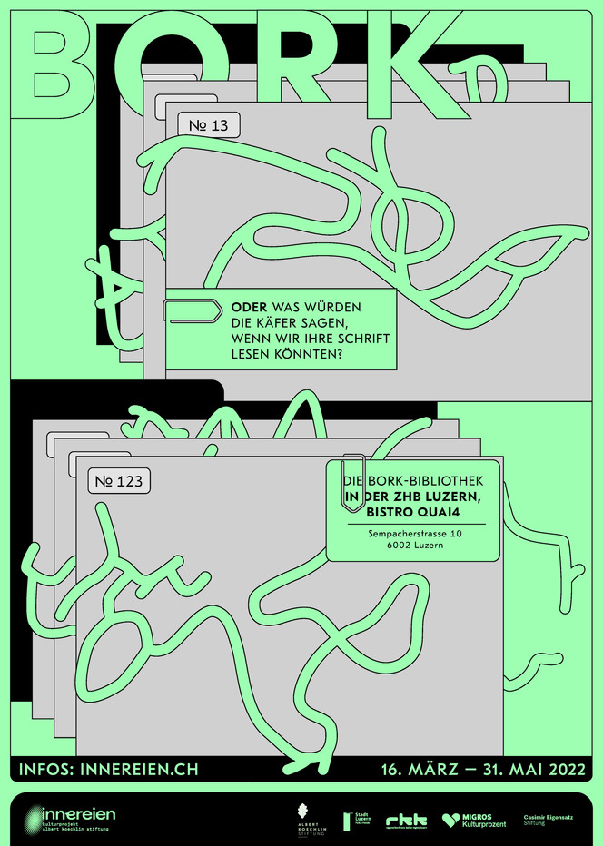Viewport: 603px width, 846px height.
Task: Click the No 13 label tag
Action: [209, 125]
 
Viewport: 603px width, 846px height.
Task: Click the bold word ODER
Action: [249, 308]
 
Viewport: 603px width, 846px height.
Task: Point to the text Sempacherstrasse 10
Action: [415, 535]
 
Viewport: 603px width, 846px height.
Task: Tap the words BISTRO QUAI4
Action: [414, 511]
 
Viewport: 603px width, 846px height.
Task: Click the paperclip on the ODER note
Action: [192, 311]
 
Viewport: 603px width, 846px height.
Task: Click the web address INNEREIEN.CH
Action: [140, 770]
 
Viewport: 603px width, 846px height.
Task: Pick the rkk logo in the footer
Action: [406, 821]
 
